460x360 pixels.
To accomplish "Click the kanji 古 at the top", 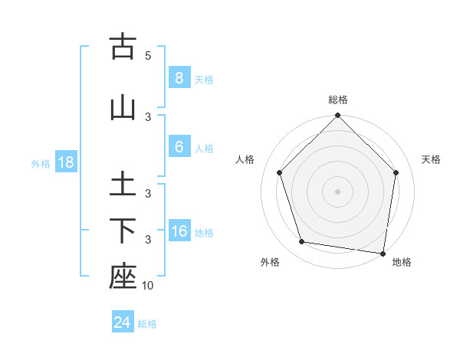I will [123, 47].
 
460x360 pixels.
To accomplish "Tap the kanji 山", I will [123, 106].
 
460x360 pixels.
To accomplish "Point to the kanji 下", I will [123, 231].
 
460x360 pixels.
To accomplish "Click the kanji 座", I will [123, 277].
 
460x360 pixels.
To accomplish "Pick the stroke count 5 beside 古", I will [148, 56].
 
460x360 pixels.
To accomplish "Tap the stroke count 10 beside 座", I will [148, 286].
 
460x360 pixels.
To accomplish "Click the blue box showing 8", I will [179, 78].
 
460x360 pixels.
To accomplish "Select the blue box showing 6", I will [179, 147].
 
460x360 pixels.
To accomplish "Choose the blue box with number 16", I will [179, 231].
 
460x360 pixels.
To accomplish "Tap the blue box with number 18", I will [65, 162].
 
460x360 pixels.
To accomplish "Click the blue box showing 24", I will [122, 322].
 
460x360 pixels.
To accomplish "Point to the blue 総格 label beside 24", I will [147, 324].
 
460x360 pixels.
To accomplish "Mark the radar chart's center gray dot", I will [337, 191].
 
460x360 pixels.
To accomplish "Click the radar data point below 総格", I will [337, 116].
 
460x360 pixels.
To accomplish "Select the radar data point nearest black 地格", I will [383, 253].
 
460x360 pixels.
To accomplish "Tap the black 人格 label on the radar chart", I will [245, 159].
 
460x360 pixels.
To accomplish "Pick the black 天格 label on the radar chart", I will [431, 159].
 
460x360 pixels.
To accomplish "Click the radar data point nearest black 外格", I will [302, 242].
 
